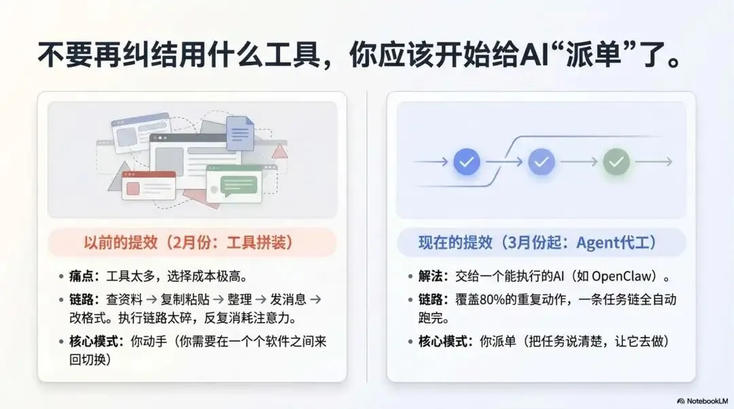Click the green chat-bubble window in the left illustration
234,184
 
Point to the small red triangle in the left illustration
279,151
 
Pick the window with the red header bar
148,185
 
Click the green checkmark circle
616,162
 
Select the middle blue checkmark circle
542,162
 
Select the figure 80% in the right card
529,300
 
